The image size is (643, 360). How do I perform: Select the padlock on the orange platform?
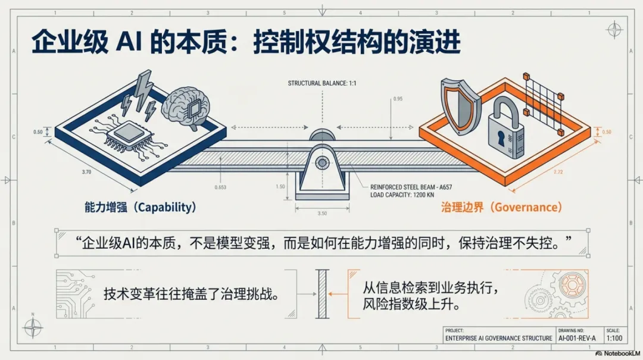(505, 134)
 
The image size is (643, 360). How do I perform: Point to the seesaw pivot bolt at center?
(322, 162)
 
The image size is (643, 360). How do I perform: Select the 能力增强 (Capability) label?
(141, 207)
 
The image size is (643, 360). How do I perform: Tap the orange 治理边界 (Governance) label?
(501, 207)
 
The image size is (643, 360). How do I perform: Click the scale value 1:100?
(613, 338)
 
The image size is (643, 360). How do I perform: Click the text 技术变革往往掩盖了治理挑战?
(192, 294)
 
